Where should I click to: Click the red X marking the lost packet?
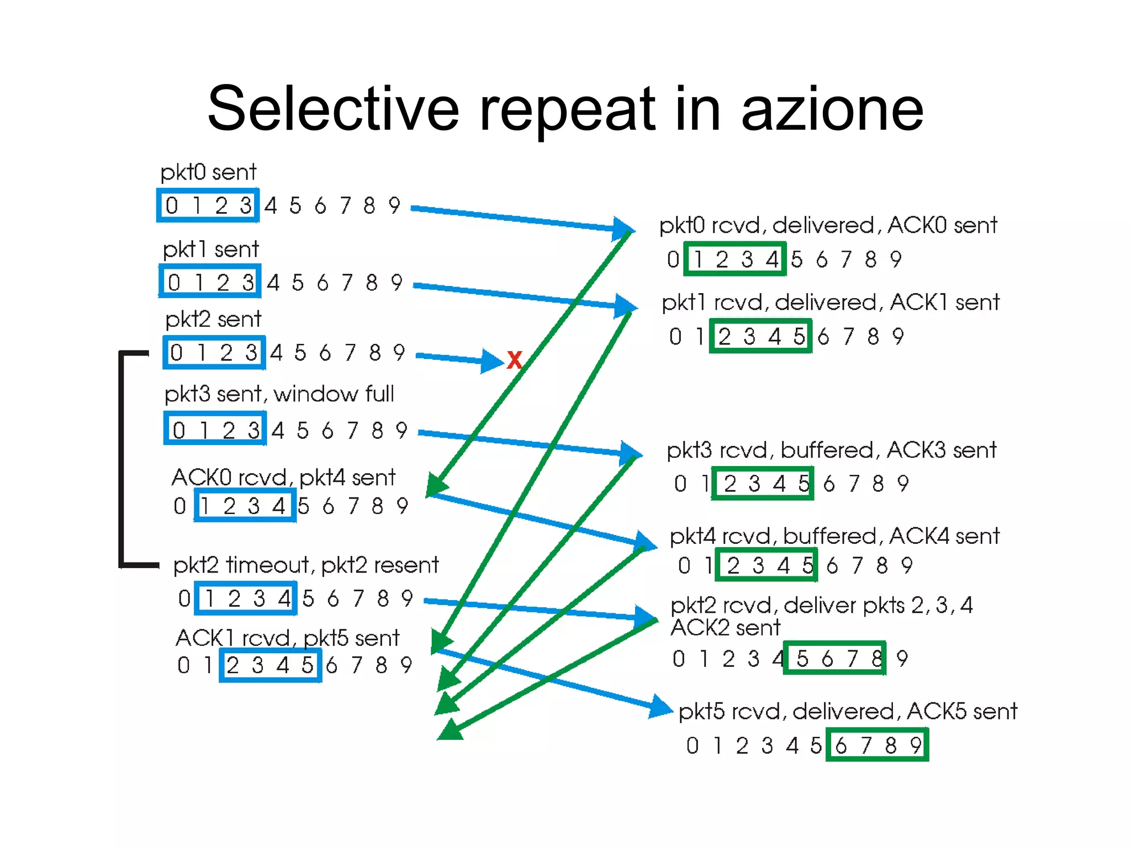514,361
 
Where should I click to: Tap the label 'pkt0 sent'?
208,172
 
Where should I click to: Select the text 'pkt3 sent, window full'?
279,394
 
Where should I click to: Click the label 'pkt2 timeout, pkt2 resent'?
305,565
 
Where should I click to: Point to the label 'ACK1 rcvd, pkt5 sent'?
287,638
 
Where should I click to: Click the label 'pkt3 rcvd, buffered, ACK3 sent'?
831,451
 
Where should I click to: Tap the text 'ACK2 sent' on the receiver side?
725,628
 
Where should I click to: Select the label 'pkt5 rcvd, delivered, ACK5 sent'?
848,712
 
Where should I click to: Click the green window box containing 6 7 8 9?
877,745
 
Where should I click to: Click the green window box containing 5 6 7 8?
834,658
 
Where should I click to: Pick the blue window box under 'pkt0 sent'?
208,206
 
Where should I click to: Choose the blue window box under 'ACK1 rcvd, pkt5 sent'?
270,665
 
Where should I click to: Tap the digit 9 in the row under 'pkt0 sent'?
394,206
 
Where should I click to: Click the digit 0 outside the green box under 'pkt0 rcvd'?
673,259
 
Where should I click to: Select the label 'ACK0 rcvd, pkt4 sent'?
283,478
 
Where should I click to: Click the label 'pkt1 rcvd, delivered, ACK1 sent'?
831,303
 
